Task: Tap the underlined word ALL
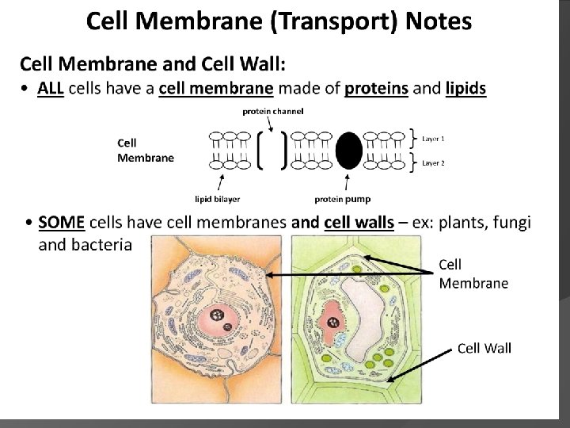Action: (51, 89)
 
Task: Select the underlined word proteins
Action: (376, 89)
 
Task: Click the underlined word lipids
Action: (465, 89)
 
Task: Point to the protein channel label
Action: (272, 112)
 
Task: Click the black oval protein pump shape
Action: (348, 151)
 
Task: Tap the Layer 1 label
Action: (433, 139)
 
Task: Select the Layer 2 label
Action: (433, 162)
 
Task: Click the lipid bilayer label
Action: (217, 198)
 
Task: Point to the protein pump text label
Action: (342, 198)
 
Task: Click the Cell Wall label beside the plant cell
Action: (484, 347)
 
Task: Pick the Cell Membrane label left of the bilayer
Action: (145, 151)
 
